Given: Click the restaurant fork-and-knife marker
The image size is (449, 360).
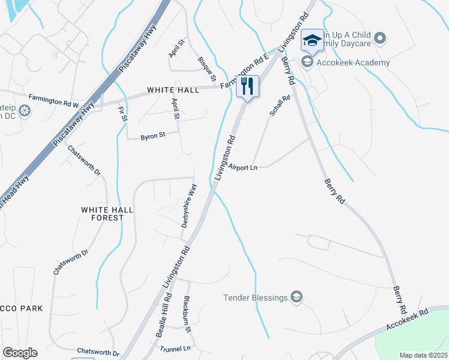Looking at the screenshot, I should [247, 86].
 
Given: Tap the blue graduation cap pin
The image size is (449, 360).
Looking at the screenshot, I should [312, 41].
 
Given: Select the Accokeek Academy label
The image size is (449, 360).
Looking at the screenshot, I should [353, 62].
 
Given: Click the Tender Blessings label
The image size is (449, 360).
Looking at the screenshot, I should [256, 297].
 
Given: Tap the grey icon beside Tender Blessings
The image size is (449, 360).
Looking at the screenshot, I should [297, 297].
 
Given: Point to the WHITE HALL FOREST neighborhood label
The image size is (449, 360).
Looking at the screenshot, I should [103, 214].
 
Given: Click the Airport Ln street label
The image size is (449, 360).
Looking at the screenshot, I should [243, 168].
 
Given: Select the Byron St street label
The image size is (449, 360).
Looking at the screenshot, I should [152, 137].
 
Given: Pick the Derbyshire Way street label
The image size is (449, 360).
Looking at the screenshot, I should [190, 206].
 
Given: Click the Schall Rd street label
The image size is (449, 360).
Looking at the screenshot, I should [280, 105].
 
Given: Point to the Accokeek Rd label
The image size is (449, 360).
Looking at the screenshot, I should [408, 320].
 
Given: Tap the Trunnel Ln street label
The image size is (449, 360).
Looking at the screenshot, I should [175, 348].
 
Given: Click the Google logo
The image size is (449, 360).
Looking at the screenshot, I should [20, 353].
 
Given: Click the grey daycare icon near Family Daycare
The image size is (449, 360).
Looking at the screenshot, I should [379, 39].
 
